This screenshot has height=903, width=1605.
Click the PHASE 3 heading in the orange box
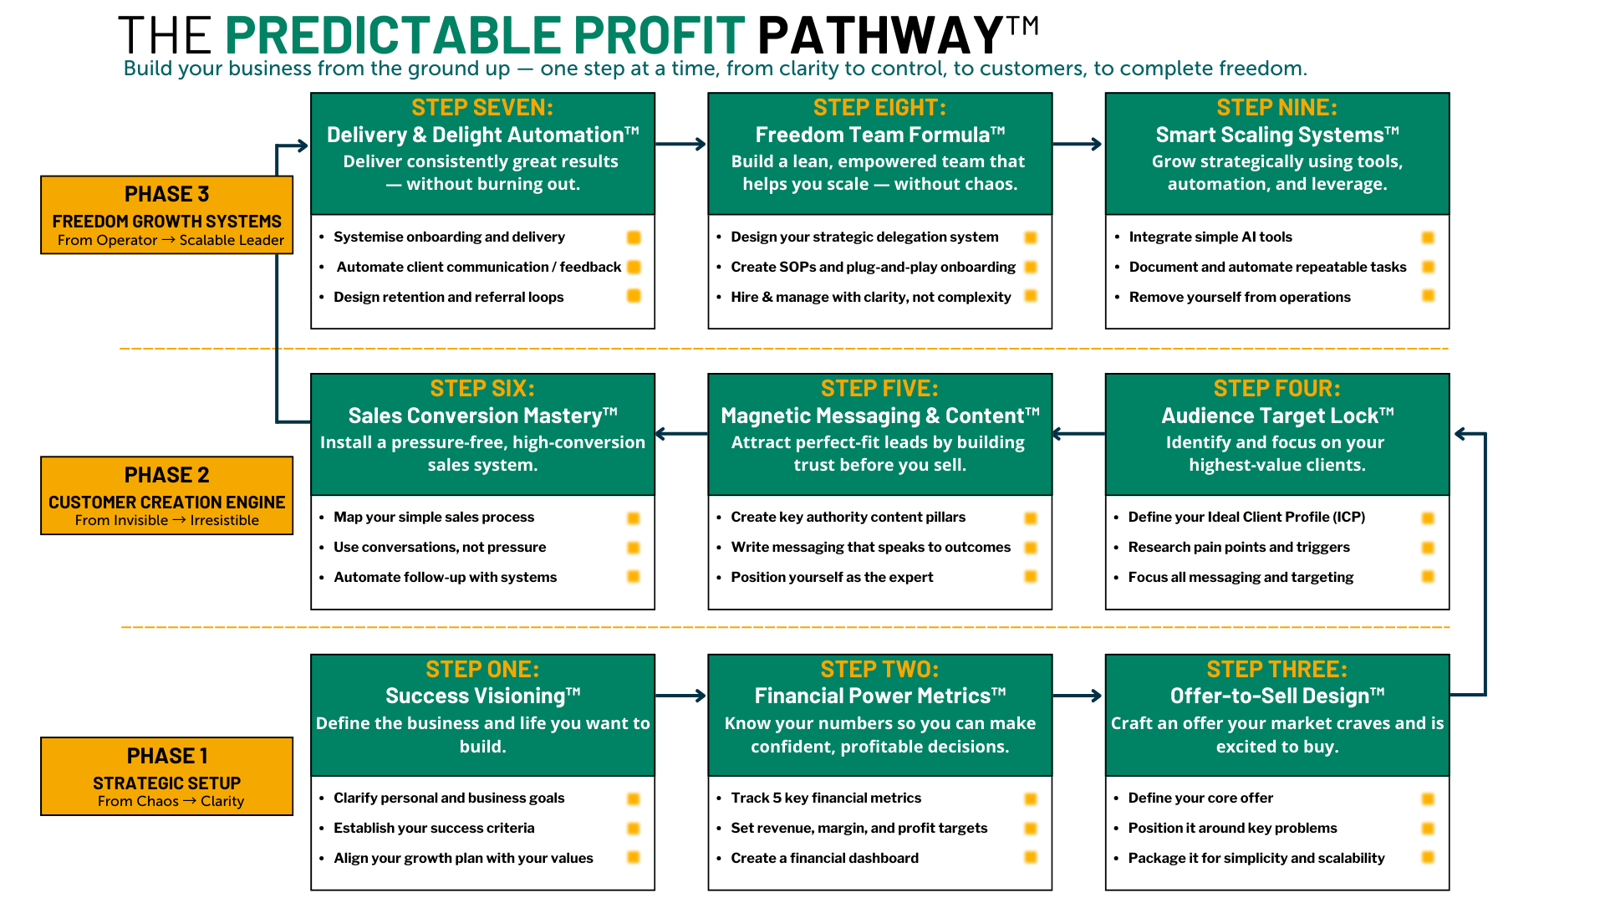(x=166, y=194)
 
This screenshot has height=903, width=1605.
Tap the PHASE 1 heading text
(x=166, y=756)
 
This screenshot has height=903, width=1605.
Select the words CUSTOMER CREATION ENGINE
(x=166, y=503)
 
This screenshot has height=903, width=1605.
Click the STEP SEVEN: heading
(x=482, y=108)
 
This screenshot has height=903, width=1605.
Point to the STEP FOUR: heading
(x=1276, y=389)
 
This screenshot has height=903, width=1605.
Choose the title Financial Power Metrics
(x=873, y=696)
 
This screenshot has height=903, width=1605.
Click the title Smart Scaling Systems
(x=1270, y=135)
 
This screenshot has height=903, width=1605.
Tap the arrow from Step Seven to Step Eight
(x=681, y=145)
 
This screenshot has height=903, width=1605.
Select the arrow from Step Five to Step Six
(x=681, y=434)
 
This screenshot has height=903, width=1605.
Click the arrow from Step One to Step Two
(x=681, y=696)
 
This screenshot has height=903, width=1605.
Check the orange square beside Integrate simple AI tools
(x=1428, y=237)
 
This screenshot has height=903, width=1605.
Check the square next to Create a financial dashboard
(x=1031, y=858)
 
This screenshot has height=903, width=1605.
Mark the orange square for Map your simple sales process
(x=634, y=518)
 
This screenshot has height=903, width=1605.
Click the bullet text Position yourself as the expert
(x=832, y=577)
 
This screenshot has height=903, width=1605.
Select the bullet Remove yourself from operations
(x=1240, y=297)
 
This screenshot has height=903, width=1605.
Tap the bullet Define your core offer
(x=1200, y=798)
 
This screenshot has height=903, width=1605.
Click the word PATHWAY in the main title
(x=880, y=35)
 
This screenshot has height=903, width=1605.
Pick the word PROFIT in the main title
(x=659, y=35)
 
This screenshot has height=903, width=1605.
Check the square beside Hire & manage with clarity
(x=1031, y=296)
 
